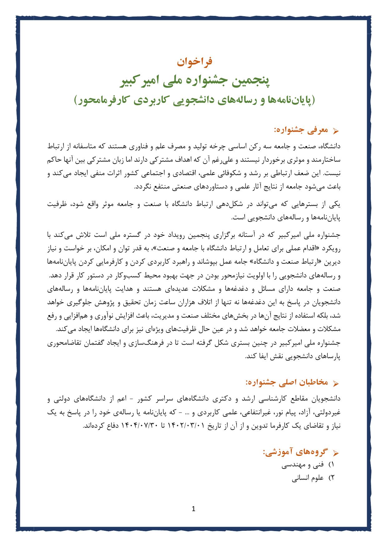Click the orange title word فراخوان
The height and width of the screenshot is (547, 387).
click(x=194, y=61)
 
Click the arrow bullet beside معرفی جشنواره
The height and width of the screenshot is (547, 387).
click(x=336, y=131)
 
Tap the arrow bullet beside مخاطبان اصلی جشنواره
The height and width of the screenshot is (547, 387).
click(x=336, y=384)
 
